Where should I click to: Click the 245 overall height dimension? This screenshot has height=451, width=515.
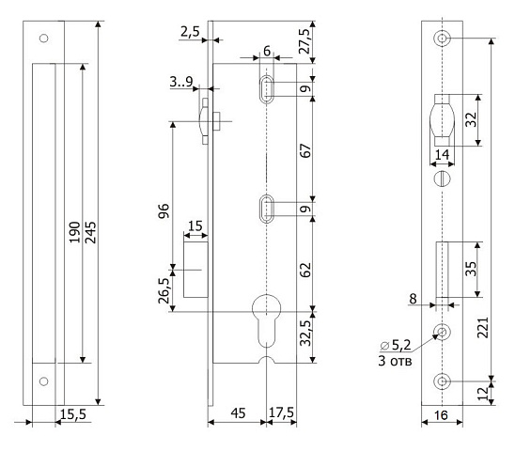coord(90,232)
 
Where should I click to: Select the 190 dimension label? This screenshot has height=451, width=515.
coord(74,232)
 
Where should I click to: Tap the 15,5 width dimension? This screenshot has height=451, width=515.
coord(73,414)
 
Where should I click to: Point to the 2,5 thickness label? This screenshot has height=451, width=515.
coord(190,32)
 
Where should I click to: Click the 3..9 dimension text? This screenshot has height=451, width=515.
coord(181,82)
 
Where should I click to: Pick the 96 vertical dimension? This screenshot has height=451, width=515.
coord(164,210)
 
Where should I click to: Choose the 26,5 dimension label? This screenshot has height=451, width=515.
coord(164,290)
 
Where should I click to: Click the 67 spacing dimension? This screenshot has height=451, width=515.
coord(305,150)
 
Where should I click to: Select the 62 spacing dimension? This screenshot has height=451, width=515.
coord(305,270)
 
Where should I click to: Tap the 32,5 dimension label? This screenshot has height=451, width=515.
coord(305,333)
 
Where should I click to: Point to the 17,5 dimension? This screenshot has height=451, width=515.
coord(281,412)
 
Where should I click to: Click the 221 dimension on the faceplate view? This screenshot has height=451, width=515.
coord(483,328)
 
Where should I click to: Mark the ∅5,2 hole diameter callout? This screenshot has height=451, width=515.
coord(396,345)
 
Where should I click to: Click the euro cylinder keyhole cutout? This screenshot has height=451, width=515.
coord(266,321)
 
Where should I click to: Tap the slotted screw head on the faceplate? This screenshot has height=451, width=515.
coord(442,179)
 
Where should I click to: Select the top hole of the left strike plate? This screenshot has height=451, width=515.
coord(43,39)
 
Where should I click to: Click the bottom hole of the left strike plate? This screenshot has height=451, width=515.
coord(43,381)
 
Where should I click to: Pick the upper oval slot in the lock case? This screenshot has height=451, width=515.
coord(266,89)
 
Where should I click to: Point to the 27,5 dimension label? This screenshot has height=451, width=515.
coord(304,41)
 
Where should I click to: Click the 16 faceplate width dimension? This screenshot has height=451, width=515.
coord(441,415)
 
